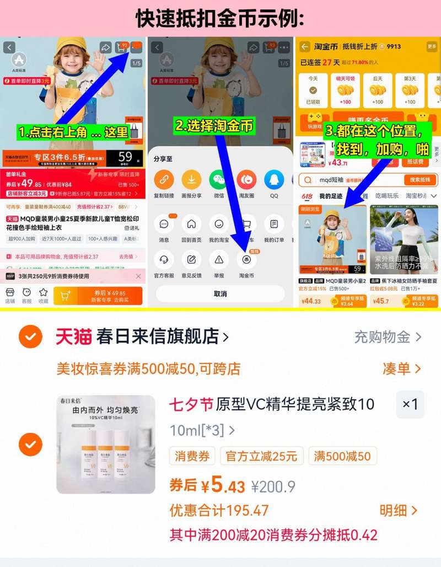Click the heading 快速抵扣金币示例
click(x=220, y=18)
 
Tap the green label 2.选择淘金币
click(x=214, y=126)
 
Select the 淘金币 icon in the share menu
click(x=246, y=260)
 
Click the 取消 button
click(x=220, y=294)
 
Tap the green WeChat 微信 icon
click(x=219, y=180)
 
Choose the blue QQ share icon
click(x=274, y=180)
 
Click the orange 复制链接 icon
click(x=164, y=180)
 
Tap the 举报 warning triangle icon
click(x=219, y=260)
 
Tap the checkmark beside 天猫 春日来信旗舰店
click(x=30, y=336)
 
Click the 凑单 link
click(x=401, y=368)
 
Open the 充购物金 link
click(x=388, y=336)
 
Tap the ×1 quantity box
click(x=410, y=404)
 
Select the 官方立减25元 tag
click(x=261, y=456)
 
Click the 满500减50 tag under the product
click(x=342, y=456)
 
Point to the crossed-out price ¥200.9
click(x=273, y=486)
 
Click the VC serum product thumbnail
click(x=106, y=444)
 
